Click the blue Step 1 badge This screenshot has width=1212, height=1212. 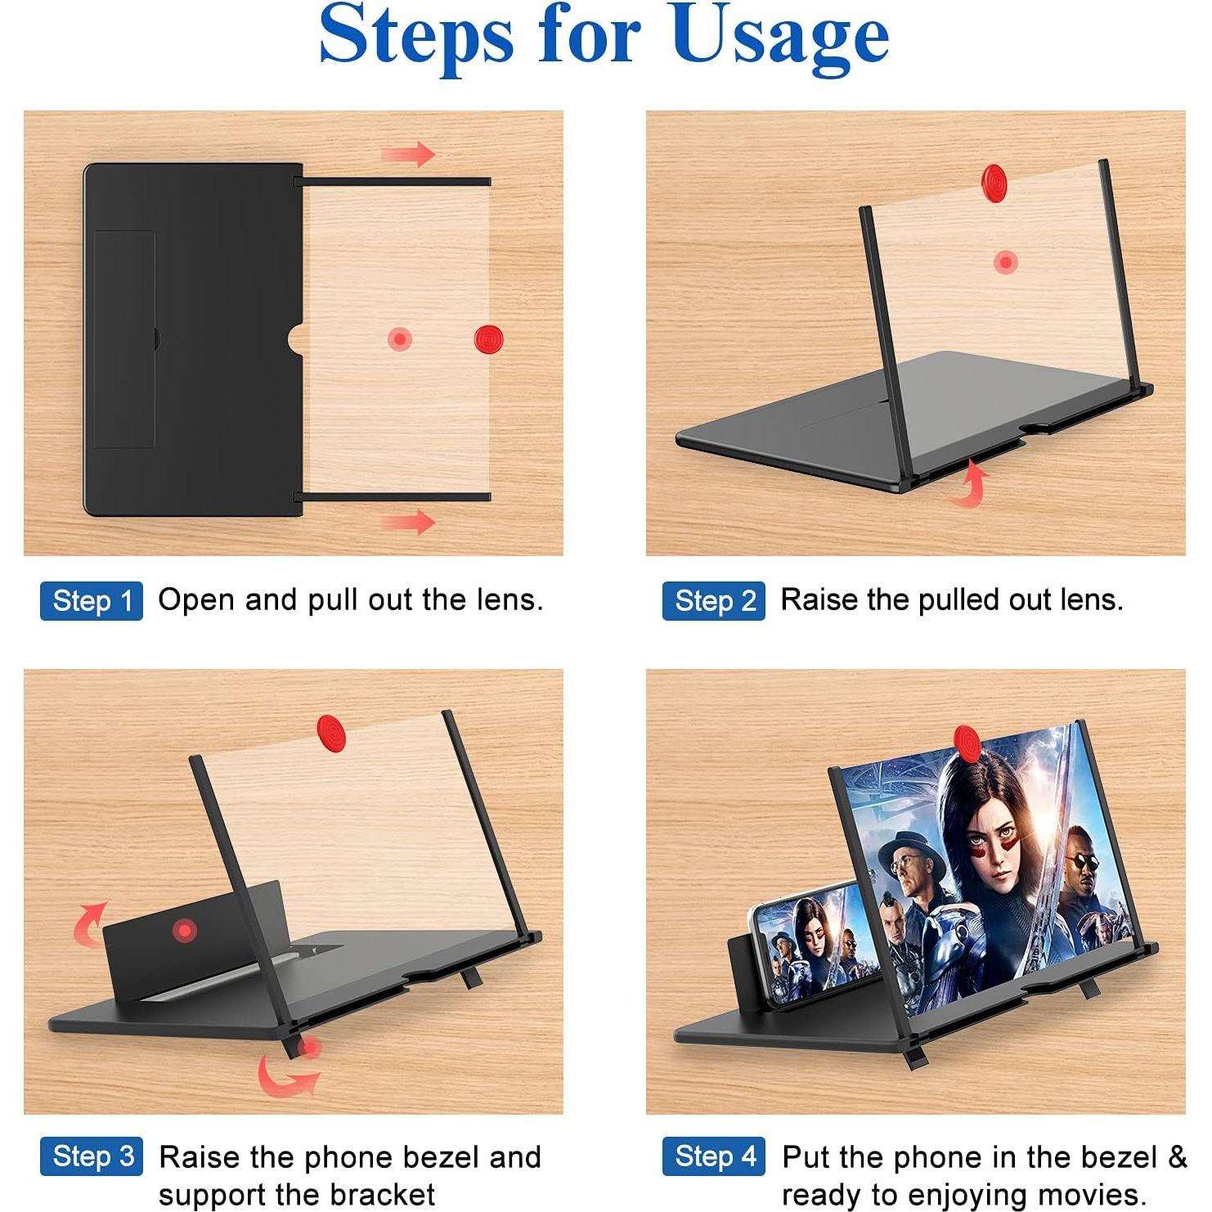pos(91,601)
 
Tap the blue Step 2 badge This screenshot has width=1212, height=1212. pos(713,601)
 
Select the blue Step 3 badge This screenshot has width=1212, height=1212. pos(91,1156)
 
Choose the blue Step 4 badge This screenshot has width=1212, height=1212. pos(713,1156)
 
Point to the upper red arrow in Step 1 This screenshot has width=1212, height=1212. pos(408,154)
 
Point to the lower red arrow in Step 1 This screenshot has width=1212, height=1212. pos(408,521)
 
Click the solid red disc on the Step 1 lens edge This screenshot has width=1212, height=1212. pos(488,339)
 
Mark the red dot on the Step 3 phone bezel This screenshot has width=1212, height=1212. pos(185,930)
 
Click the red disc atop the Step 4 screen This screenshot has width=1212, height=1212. pos(967,743)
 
